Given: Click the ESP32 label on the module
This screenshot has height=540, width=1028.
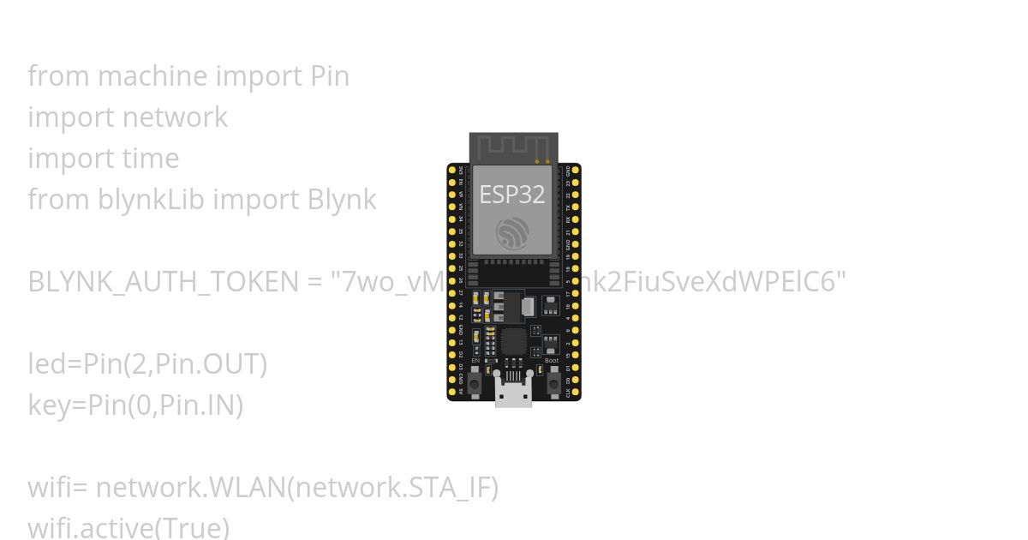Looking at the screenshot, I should pos(512,195).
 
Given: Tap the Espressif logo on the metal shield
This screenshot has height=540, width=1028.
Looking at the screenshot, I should pos(512,233).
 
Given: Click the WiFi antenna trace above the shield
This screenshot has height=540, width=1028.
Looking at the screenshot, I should pos(513,147).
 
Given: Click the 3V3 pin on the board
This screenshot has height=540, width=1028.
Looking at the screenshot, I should pos(452,170).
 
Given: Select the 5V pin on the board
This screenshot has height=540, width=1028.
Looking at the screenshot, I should pos(452,391).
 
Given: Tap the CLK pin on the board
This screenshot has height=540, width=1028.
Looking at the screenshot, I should pos(576,391).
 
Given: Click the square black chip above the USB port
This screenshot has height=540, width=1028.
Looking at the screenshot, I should pos(513,341).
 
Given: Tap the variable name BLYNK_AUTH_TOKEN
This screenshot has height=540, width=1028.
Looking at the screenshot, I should pos(163,282).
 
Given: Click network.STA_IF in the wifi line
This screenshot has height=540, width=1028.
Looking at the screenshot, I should pos(391,488).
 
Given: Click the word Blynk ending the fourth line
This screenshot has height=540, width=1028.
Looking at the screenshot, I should pos(342,200).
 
